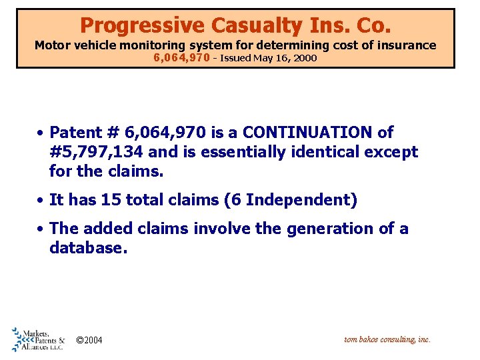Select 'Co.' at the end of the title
click(x=371, y=25)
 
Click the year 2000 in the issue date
click(x=305, y=58)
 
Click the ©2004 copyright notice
click(x=89, y=341)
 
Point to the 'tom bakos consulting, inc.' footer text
click(x=387, y=339)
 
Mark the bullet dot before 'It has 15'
click(x=41, y=200)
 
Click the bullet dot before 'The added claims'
click(x=41, y=229)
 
